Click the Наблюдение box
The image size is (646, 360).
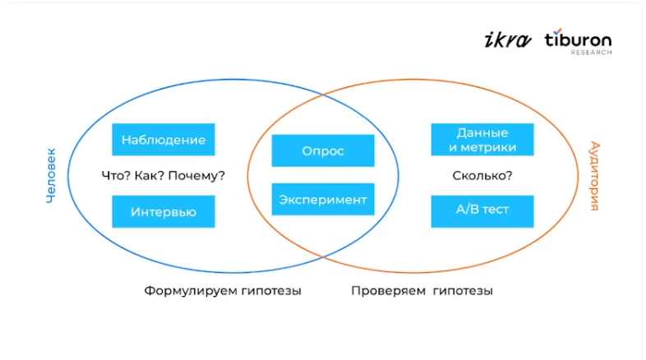click(164, 140)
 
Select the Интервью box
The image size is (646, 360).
click(164, 211)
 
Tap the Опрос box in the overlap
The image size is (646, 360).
click(323, 151)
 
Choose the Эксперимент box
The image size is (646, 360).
click(323, 199)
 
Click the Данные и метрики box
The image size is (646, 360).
click(482, 140)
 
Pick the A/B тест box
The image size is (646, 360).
click(482, 210)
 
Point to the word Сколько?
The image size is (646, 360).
click(482, 175)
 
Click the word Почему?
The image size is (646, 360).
click(201, 175)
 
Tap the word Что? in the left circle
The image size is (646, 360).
click(115, 175)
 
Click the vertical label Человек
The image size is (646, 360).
click(51, 176)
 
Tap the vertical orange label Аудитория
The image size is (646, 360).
click(594, 176)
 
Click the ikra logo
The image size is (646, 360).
click(505, 39)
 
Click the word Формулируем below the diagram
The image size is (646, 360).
click(188, 291)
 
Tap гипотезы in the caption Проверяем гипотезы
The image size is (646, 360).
click(464, 291)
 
